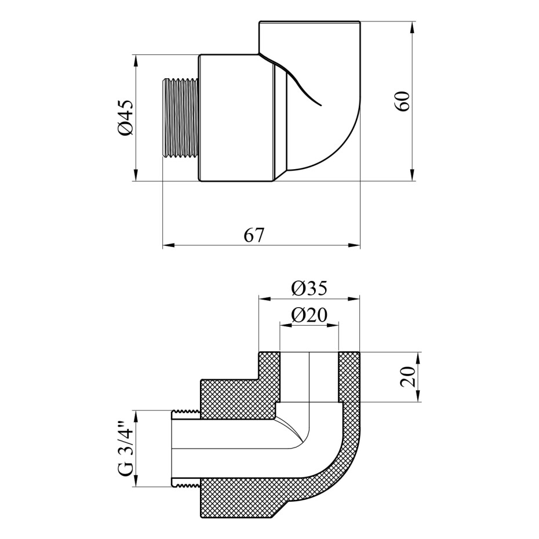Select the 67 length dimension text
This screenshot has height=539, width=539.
(253, 235)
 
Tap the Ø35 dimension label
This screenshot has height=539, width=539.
(309, 288)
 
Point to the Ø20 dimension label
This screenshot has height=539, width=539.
(309, 315)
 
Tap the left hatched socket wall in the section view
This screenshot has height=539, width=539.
(269, 377)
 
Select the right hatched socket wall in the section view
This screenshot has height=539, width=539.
(349, 377)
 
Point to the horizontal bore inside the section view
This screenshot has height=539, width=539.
(232, 449)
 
